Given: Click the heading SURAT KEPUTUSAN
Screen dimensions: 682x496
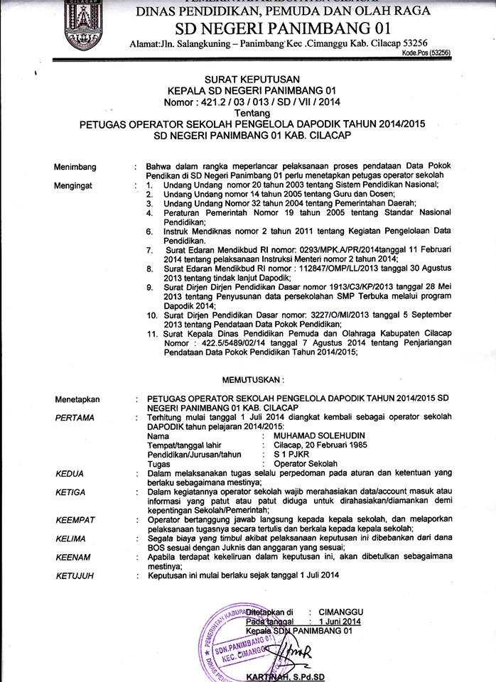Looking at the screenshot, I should click(248, 79).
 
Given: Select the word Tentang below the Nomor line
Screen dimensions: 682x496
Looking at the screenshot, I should click(248, 112).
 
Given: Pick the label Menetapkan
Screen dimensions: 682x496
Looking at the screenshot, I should click(78, 400).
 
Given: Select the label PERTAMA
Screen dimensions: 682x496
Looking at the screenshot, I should click(75, 418).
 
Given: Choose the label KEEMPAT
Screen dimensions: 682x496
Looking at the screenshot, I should click(75, 520).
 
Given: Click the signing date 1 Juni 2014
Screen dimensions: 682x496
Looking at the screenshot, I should click(340, 622).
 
